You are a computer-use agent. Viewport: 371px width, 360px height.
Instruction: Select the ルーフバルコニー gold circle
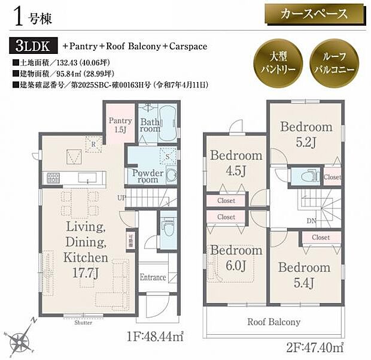[334, 59]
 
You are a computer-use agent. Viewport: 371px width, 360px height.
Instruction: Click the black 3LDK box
[33, 46]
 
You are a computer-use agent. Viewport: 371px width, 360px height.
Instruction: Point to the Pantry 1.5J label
[120, 125]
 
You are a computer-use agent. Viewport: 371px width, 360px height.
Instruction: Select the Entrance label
[153, 277]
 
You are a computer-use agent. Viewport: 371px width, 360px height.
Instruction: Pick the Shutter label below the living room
[83, 322]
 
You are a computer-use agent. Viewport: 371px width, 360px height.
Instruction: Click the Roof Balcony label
[274, 322]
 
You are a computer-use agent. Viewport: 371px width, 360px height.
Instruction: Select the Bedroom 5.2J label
[306, 133]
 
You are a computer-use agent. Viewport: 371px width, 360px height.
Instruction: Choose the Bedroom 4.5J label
[236, 162]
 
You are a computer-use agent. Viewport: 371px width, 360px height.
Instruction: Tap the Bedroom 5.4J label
[304, 273]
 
